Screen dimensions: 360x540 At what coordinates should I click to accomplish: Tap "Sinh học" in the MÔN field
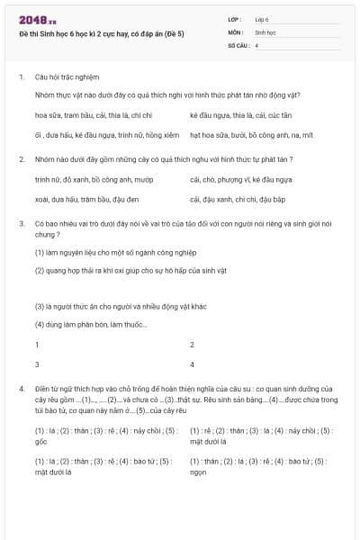265,31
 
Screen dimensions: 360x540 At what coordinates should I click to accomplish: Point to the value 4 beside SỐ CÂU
256,44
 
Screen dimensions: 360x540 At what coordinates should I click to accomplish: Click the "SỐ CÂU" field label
238,44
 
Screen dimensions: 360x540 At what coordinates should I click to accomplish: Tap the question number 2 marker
21,159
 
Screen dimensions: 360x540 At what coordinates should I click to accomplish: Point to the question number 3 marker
21,221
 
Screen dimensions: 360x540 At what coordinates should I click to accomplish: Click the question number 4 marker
21,388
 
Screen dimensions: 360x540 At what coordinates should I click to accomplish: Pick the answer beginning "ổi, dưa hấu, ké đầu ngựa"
106,135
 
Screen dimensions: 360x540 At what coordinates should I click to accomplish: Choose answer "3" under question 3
37,364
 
